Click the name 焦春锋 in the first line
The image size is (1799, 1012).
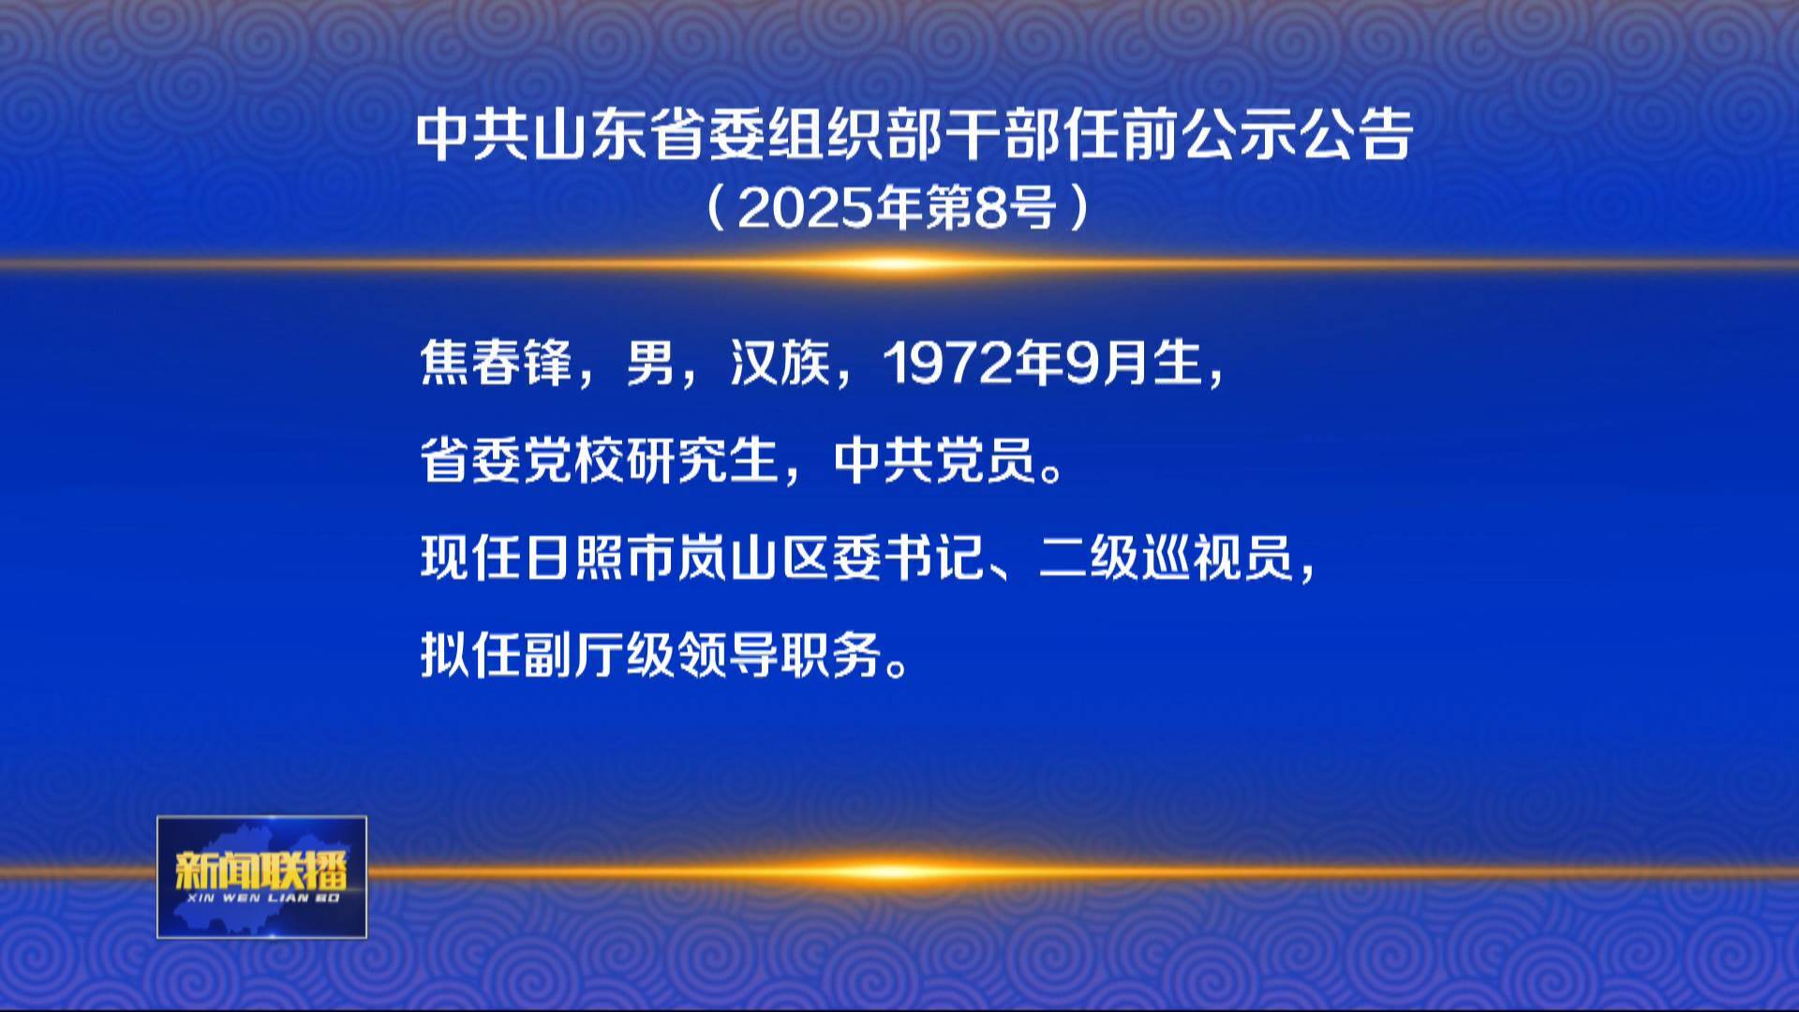(x=496, y=363)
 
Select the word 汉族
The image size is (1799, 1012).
(x=781, y=363)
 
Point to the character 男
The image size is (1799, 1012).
(x=651, y=363)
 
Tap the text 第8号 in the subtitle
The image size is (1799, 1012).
(x=1005, y=207)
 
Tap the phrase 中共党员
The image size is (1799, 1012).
(x=934, y=460)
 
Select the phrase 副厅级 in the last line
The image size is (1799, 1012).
(x=600, y=655)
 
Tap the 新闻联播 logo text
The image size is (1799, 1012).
(x=261, y=871)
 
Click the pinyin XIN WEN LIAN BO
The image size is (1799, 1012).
(x=262, y=899)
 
